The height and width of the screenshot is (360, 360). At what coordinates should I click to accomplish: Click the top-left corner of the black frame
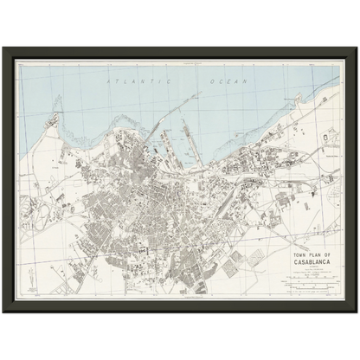click(x=6, y=49)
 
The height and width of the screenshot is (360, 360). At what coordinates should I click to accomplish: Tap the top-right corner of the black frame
click(x=354, y=49)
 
